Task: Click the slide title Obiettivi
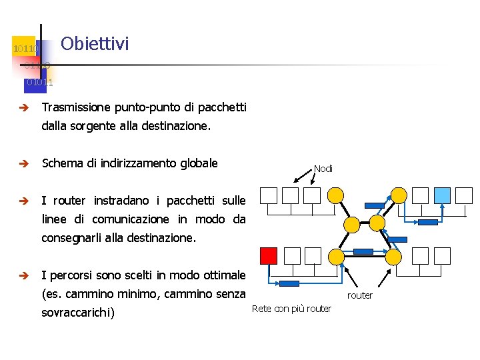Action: pos(94,44)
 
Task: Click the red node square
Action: pos(268,255)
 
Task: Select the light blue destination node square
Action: pos(442,195)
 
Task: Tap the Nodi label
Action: pos(323,169)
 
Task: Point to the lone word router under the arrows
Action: pos(360,295)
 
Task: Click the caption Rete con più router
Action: pos(291,309)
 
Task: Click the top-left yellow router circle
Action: pos(337,195)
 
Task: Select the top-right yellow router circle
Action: pos(399,195)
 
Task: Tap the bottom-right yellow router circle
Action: pos(395,256)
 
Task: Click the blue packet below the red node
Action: pos(289,283)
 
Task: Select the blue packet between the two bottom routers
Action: pos(363,251)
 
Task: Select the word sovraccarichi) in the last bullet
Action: pos(78,313)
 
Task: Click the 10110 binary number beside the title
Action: pos(26,49)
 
